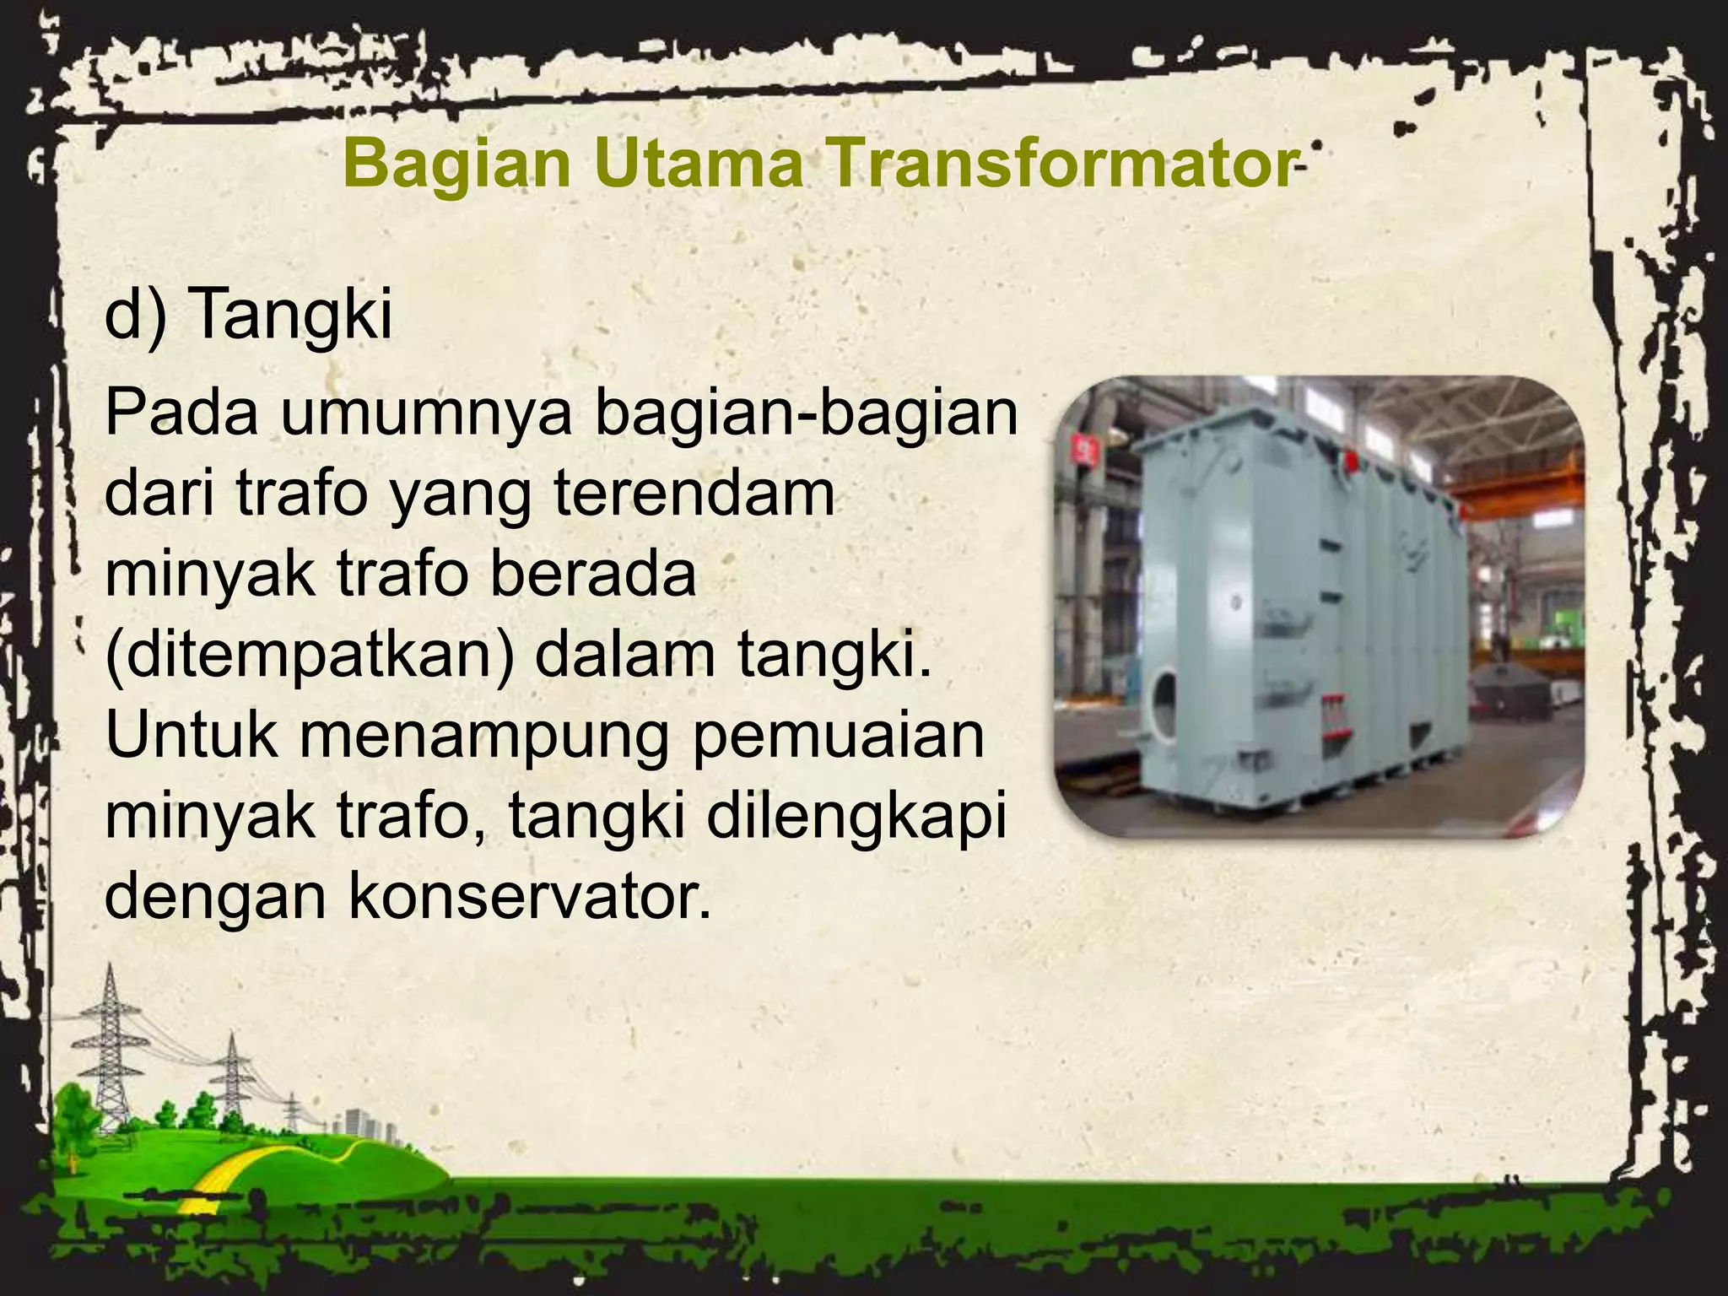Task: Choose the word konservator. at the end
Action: pyautogui.click(x=528, y=899)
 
